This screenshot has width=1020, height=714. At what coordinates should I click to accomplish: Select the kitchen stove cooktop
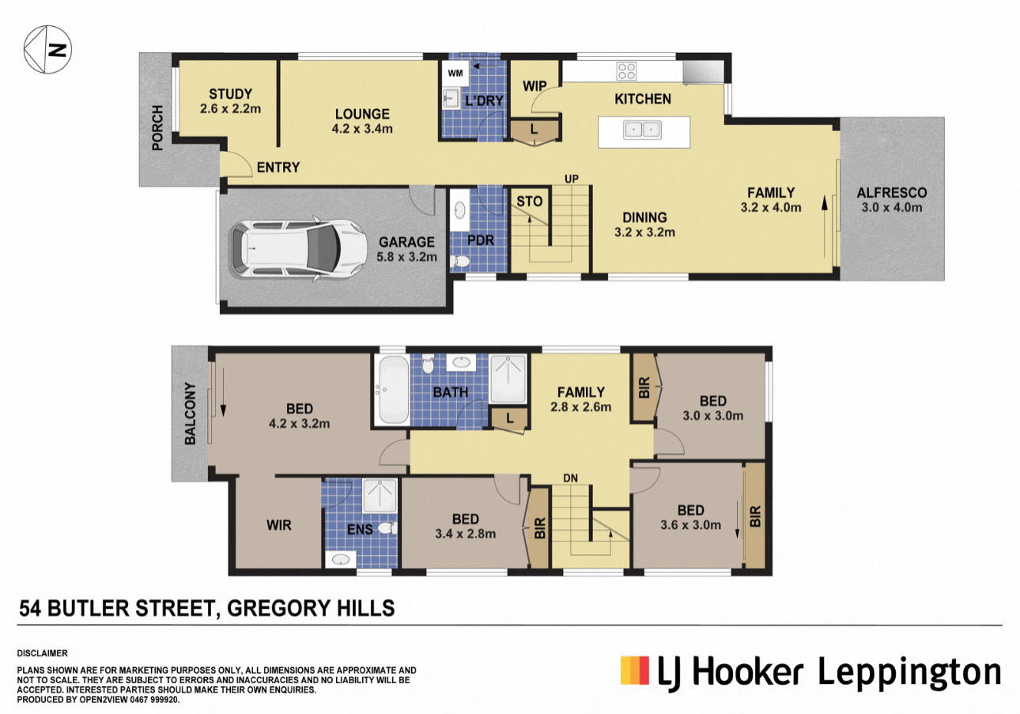pyautogui.click(x=626, y=71)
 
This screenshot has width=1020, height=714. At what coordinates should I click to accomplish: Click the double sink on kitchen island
pyautogui.click(x=642, y=130)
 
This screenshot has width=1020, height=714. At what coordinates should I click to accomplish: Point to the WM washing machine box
pyautogui.click(x=455, y=73)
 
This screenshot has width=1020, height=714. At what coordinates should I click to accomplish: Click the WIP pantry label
pyautogui.click(x=535, y=85)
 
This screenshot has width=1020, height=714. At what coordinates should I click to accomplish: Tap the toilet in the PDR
pyautogui.click(x=462, y=260)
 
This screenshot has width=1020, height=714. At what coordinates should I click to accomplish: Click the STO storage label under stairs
pyautogui.click(x=529, y=202)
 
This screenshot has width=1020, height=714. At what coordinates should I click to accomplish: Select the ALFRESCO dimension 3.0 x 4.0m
pyautogui.click(x=891, y=208)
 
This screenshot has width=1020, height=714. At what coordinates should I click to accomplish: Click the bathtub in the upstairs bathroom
pyautogui.click(x=392, y=391)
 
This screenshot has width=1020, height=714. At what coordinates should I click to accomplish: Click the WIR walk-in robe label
pyautogui.click(x=280, y=525)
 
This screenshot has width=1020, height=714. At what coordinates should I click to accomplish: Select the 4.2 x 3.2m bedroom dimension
pyautogui.click(x=299, y=424)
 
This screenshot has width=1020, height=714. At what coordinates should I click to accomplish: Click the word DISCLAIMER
pyautogui.click(x=42, y=653)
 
